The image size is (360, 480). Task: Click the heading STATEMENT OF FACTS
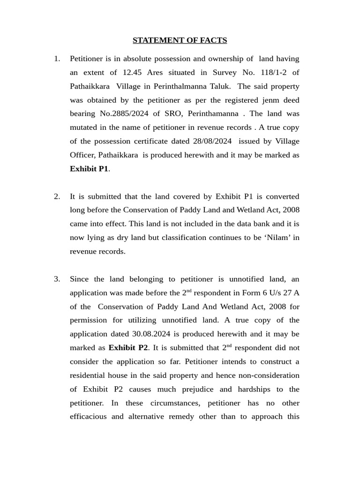click(x=180, y=40)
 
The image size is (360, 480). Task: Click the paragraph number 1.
click(x=57, y=59)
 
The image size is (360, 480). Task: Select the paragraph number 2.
click(x=57, y=196)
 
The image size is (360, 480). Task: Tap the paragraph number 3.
click(x=57, y=279)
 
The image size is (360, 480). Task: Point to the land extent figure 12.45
click(x=132, y=73)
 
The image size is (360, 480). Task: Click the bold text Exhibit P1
click(x=89, y=169)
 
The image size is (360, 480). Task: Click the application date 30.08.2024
click(x=145, y=334)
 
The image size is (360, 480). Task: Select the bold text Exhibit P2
click(x=128, y=348)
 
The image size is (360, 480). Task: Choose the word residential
click(x=90, y=375)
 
